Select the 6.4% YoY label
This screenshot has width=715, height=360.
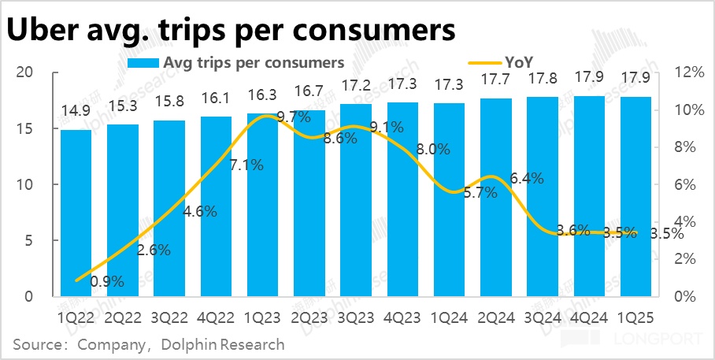527,179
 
